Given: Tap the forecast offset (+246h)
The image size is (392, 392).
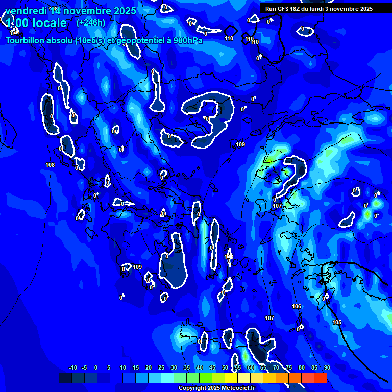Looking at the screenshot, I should (91, 22).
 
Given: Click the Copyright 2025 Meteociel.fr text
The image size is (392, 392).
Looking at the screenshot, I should (216, 388).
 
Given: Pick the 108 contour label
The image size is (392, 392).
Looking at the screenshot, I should (50, 165).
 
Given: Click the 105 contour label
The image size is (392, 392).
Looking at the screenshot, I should (337, 322).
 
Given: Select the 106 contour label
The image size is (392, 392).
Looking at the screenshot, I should (297, 306).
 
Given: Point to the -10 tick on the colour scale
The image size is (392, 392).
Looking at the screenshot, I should (72, 367).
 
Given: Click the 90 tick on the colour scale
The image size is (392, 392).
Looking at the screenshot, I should (327, 367).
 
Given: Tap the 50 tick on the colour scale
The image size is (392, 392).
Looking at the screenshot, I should (225, 367).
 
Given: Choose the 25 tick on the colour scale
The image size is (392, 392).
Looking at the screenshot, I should (161, 367).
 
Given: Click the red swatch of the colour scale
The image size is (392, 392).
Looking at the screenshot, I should (321, 378).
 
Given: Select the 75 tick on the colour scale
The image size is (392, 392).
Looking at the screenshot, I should (289, 367).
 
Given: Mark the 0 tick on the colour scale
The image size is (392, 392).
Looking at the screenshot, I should (96, 367).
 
